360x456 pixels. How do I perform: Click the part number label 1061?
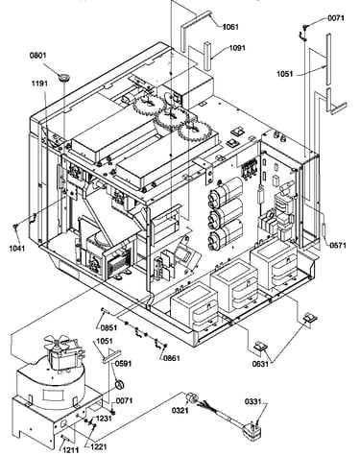point(230,27)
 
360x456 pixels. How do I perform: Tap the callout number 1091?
point(237,48)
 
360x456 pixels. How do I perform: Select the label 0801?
point(38,55)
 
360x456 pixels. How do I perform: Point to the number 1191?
point(39,84)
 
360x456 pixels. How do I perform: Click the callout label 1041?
point(16,248)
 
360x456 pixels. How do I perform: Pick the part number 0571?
point(338,246)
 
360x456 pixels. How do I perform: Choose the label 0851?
point(108,328)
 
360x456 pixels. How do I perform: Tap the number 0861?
point(172,358)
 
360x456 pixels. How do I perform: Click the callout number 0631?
point(260,364)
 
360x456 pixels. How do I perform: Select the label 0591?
point(123,364)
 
